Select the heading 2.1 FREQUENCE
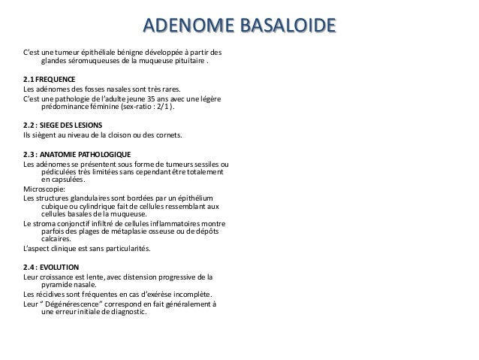tap(50, 79)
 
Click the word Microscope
tap(45, 189)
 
